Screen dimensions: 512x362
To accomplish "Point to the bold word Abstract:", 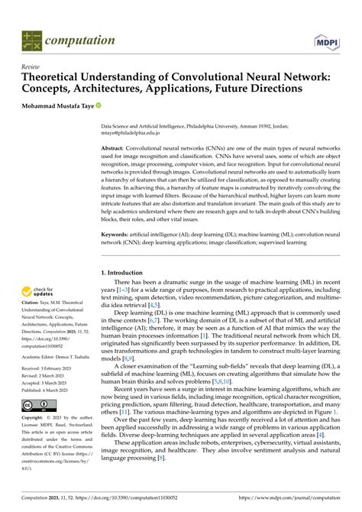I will click(115, 147).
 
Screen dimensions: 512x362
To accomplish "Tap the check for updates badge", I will click(40, 291).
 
